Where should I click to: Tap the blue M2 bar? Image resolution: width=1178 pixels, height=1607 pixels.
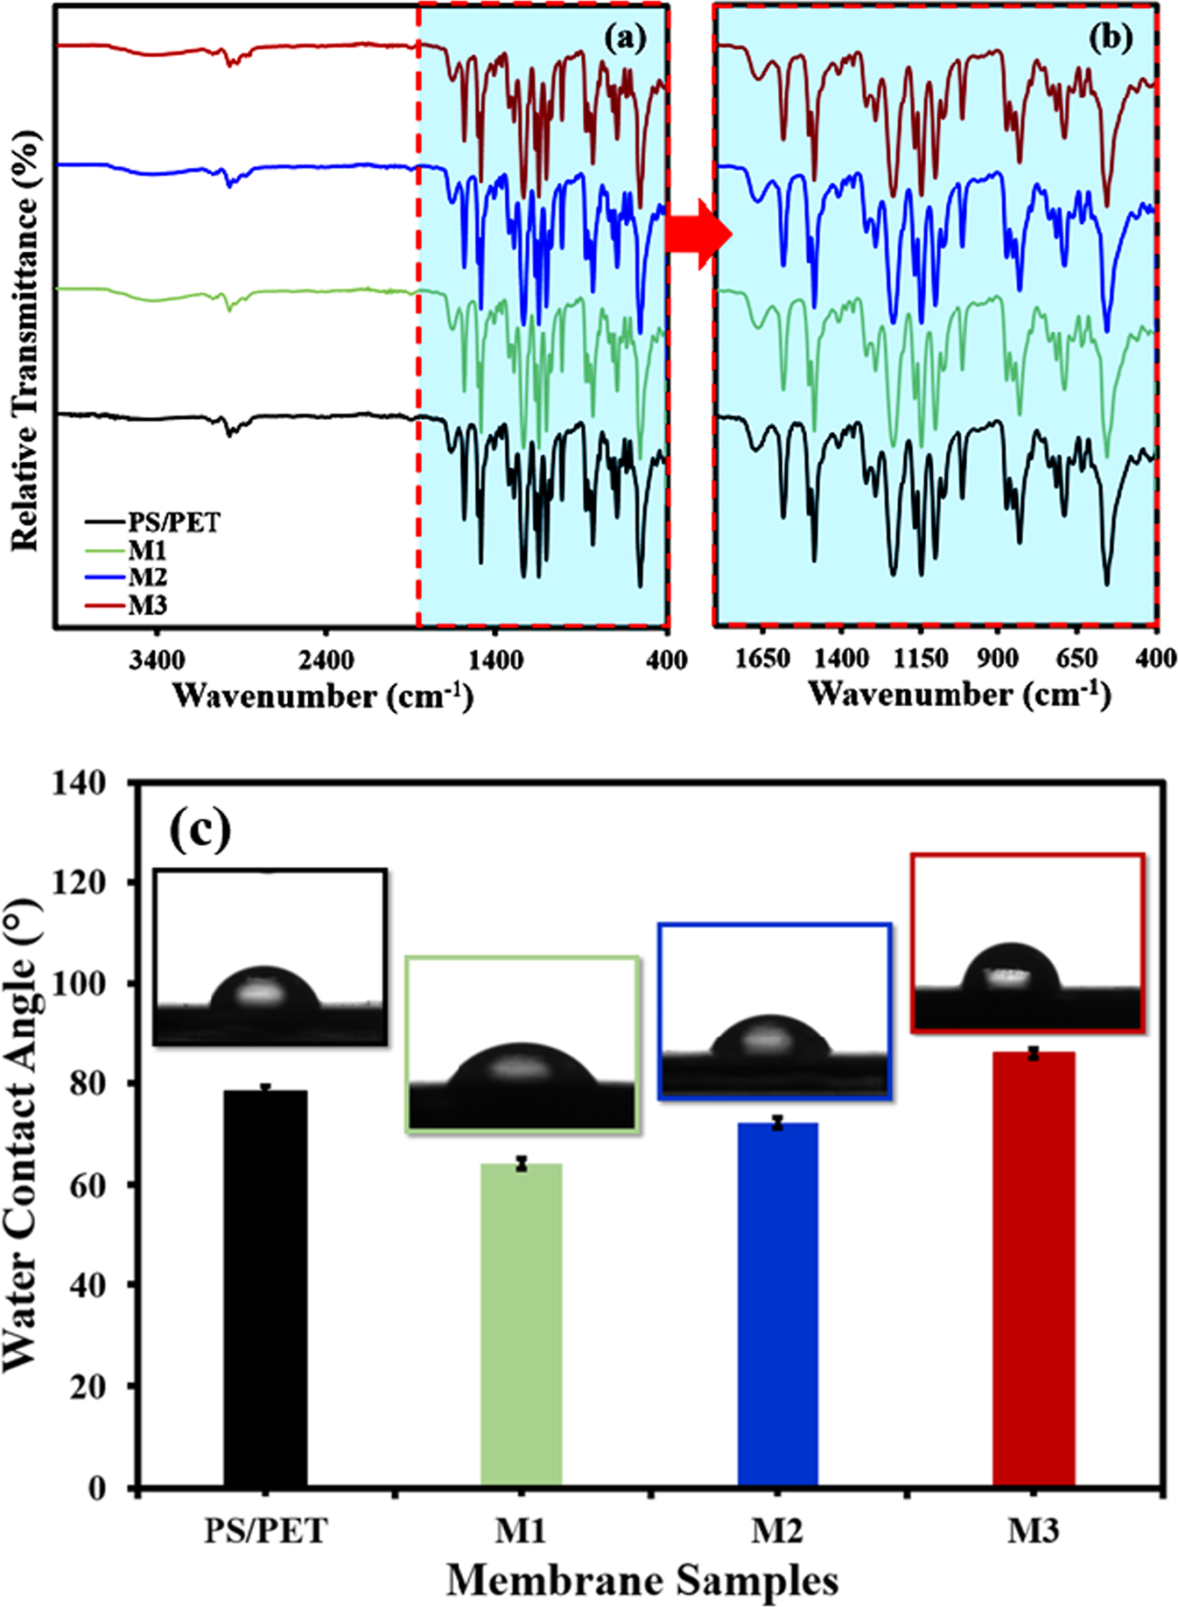[777, 1303]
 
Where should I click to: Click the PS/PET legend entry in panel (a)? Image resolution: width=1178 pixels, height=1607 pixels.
[173, 523]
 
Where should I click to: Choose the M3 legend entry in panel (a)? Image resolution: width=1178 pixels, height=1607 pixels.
[147, 605]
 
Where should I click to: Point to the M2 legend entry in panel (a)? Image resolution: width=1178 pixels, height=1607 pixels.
[147, 577]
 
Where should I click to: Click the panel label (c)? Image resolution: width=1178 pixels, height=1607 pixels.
[200, 828]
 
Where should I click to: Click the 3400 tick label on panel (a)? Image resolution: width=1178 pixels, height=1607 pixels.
[157, 660]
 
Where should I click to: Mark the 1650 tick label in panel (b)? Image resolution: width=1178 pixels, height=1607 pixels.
[762, 658]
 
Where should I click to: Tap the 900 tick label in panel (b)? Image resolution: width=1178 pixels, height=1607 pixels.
[998, 658]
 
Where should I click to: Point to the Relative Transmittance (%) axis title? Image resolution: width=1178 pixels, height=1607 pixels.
[25, 341]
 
